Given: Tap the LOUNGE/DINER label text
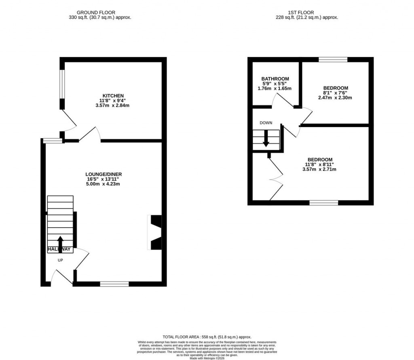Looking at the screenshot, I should pyautogui.click(x=103, y=174).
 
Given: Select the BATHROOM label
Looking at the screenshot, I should pyautogui.click(x=275, y=79).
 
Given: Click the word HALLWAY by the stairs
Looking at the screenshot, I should pyautogui.click(x=59, y=249).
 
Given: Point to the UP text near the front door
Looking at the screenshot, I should pyautogui.click(x=60, y=260).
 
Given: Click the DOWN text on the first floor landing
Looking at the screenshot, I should pyautogui.click(x=266, y=123).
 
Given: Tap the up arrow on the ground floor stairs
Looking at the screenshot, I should pyautogui.click(x=60, y=241).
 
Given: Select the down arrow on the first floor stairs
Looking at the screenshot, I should pyautogui.click(x=266, y=140).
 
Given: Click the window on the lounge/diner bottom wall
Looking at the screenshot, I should pyautogui.click(x=114, y=284).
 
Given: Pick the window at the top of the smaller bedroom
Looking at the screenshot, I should pyautogui.click(x=333, y=60).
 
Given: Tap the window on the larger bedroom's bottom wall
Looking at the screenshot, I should pyautogui.click(x=324, y=203).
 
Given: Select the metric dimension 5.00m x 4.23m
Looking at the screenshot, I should pyautogui.click(x=103, y=184).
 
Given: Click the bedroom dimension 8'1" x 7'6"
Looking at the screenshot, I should pyautogui.click(x=335, y=93).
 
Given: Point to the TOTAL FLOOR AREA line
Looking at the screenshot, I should pyautogui.click(x=207, y=337).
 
